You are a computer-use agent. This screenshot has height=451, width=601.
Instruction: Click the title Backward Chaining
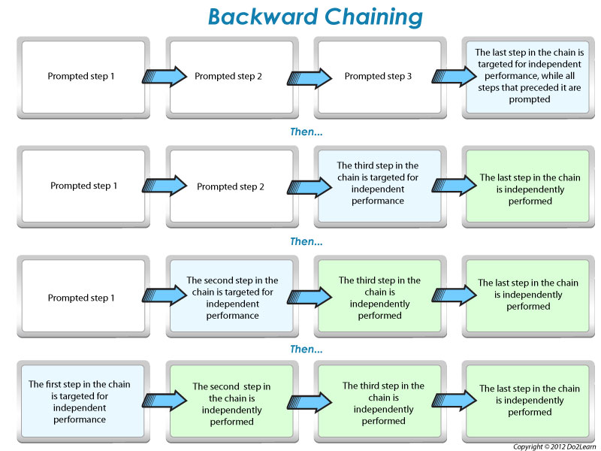pyautogui.click(x=316, y=17)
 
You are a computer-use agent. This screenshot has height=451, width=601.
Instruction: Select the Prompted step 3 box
pyautogui.click(x=378, y=76)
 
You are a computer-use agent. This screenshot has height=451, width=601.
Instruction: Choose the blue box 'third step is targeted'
pyautogui.click(x=378, y=184)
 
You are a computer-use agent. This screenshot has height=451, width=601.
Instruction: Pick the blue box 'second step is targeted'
pyautogui.click(x=231, y=298)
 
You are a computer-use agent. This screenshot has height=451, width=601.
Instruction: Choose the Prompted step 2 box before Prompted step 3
pyautogui.click(x=231, y=76)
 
